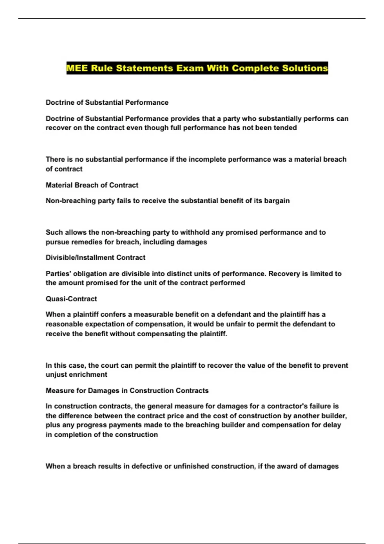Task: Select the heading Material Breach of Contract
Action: (x=92, y=185)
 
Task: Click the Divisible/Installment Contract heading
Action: (x=95, y=258)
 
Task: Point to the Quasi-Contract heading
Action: (x=71, y=299)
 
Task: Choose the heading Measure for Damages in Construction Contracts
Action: (x=127, y=391)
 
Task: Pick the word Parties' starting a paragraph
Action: (x=56, y=274)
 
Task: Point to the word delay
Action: (x=332, y=425)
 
